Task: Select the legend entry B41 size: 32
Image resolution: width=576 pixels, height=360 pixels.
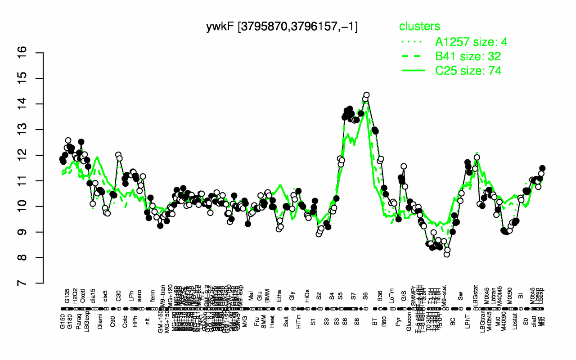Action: [x=468, y=56]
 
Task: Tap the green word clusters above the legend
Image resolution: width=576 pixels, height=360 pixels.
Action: [x=420, y=27]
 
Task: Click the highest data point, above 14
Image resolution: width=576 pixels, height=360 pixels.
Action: [x=366, y=95]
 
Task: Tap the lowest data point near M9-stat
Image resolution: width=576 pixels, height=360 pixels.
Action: [x=446, y=254]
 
